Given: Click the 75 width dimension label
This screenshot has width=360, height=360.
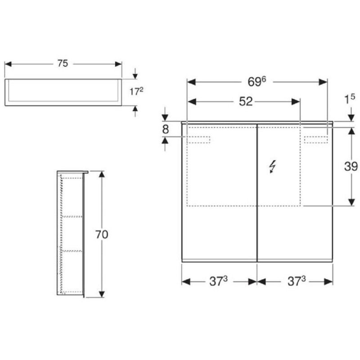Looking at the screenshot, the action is [x=63, y=63].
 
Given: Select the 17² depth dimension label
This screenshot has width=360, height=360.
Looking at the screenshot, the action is [x=136, y=91].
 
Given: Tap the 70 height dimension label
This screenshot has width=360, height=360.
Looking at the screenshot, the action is [x=102, y=234].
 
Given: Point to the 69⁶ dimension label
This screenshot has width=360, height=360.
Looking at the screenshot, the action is [x=256, y=81].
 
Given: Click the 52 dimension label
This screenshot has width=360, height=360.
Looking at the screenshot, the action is [x=246, y=101].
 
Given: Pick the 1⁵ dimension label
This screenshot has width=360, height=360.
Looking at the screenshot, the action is [x=350, y=99].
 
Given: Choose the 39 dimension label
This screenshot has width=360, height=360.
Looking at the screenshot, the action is [x=351, y=166].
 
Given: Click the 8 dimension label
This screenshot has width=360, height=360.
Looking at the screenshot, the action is [x=165, y=129].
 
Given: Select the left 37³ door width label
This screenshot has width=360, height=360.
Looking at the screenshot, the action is [x=218, y=281].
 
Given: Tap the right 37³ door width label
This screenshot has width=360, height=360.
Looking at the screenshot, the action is [x=297, y=281].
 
